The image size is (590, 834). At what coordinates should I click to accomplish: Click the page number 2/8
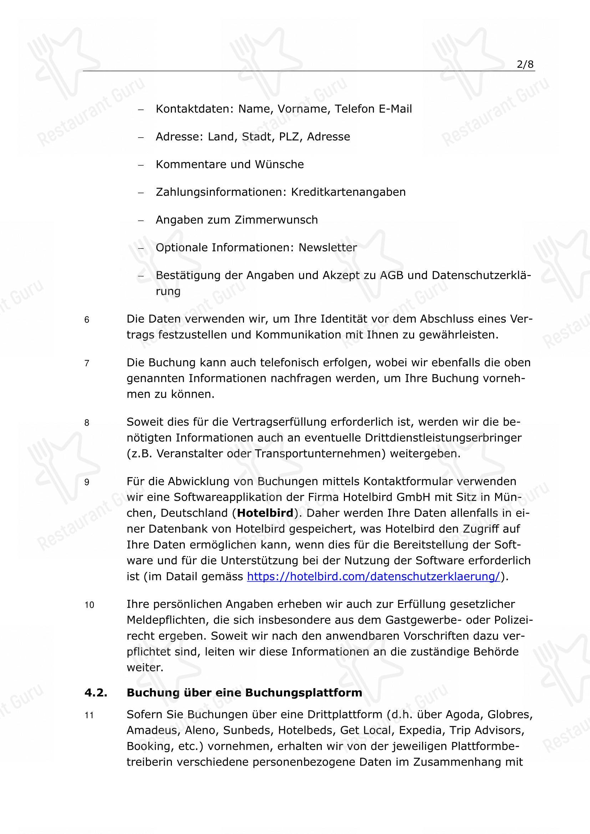click(525, 65)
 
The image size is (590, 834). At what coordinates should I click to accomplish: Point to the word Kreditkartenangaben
click(348, 192)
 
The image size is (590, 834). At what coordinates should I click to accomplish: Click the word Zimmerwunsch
click(276, 220)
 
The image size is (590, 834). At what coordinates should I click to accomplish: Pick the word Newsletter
click(328, 248)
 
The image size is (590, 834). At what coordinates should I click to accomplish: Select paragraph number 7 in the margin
click(87, 364)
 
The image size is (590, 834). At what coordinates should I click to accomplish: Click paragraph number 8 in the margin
click(87, 423)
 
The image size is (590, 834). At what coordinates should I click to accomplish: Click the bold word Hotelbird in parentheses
click(265, 513)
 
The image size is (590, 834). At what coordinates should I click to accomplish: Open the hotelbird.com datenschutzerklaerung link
click(373, 577)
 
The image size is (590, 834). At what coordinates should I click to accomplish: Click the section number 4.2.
click(96, 693)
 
